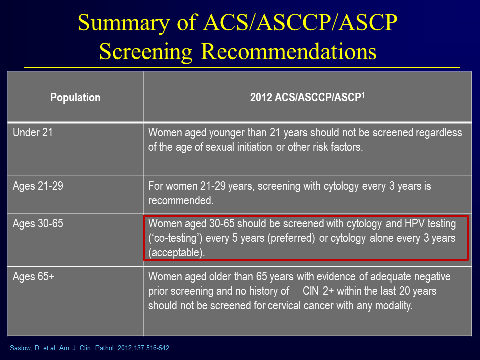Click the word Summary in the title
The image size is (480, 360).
(x=124, y=23)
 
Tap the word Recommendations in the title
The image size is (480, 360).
(x=289, y=51)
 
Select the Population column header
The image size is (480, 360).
(x=75, y=97)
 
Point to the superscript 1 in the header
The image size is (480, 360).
(x=363, y=95)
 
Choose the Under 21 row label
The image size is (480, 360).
(x=33, y=133)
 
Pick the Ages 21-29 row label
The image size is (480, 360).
(x=38, y=186)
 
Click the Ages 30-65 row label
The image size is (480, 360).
(x=38, y=224)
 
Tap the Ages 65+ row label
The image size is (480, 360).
(x=33, y=276)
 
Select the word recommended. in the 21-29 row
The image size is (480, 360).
(x=181, y=201)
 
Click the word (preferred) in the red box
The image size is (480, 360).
(x=291, y=238)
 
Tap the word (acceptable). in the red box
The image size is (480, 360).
(x=176, y=253)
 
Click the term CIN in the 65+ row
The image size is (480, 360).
(x=310, y=291)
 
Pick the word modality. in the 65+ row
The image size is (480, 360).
(x=394, y=306)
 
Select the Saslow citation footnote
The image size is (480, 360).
(x=90, y=348)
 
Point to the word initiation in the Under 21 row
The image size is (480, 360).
(x=254, y=147)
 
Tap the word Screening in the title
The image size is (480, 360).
(x=146, y=52)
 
